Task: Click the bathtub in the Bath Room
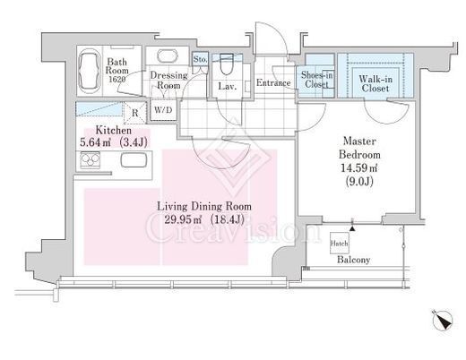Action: pyautogui.click(x=90, y=71)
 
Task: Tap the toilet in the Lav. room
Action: pyautogui.click(x=227, y=64)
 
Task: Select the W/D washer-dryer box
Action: pyautogui.click(x=163, y=110)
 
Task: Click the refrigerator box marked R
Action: pyautogui.click(x=135, y=113)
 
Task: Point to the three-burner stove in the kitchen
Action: pyautogui.click(x=90, y=160)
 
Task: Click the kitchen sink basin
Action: pyautogui.click(x=134, y=160)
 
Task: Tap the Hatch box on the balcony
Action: pyautogui.click(x=340, y=244)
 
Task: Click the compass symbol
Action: pyautogui.click(x=443, y=321)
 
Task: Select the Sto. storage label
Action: pyautogui.click(x=200, y=59)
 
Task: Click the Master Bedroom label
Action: pyautogui.click(x=359, y=148)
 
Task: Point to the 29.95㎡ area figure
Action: pyautogui.click(x=183, y=220)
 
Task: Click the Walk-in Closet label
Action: pyautogui.click(x=375, y=83)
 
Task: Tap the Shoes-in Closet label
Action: pyautogui.click(x=316, y=80)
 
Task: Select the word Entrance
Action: pyautogui.click(x=273, y=82)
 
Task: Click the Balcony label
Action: pyautogui.click(x=353, y=260)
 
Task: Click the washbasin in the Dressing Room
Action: pyautogui.click(x=168, y=56)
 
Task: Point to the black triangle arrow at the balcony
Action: pyautogui.click(x=352, y=228)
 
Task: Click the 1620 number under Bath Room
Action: pyautogui.click(x=116, y=80)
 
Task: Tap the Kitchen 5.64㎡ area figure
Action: pyautogui.click(x=95, y=142)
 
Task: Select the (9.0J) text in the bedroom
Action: pyautogui.click(x=359, y=181)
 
